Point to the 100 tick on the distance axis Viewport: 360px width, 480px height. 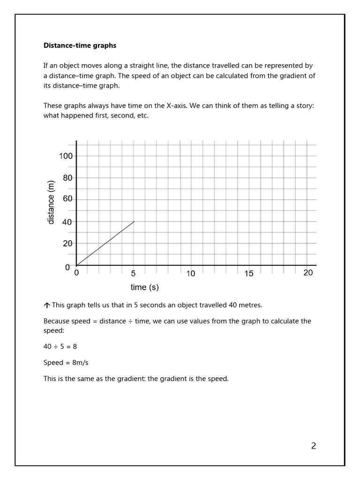tap(66, 156)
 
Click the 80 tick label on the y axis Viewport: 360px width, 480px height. tap(67, 178)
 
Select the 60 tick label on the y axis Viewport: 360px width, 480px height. tap(67, 199)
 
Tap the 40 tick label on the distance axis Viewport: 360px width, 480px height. tap(67, 222)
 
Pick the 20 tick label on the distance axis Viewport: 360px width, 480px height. tap(67, 244)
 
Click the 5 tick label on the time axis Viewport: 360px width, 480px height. tap(133, 274)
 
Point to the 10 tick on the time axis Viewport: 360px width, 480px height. tap(191, 274)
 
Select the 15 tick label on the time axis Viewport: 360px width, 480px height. tap(248, 274)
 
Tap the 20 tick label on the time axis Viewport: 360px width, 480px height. tap(308, 273)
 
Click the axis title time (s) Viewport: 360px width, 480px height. tap(144, 287)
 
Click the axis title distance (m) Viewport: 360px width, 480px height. tap(51, 202)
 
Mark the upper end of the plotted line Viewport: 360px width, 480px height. tap(135, 221)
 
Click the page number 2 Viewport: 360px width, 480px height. tap(314, 446)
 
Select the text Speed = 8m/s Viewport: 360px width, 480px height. tap(63, 362)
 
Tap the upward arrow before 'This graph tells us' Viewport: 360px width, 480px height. tap(47, 305)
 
